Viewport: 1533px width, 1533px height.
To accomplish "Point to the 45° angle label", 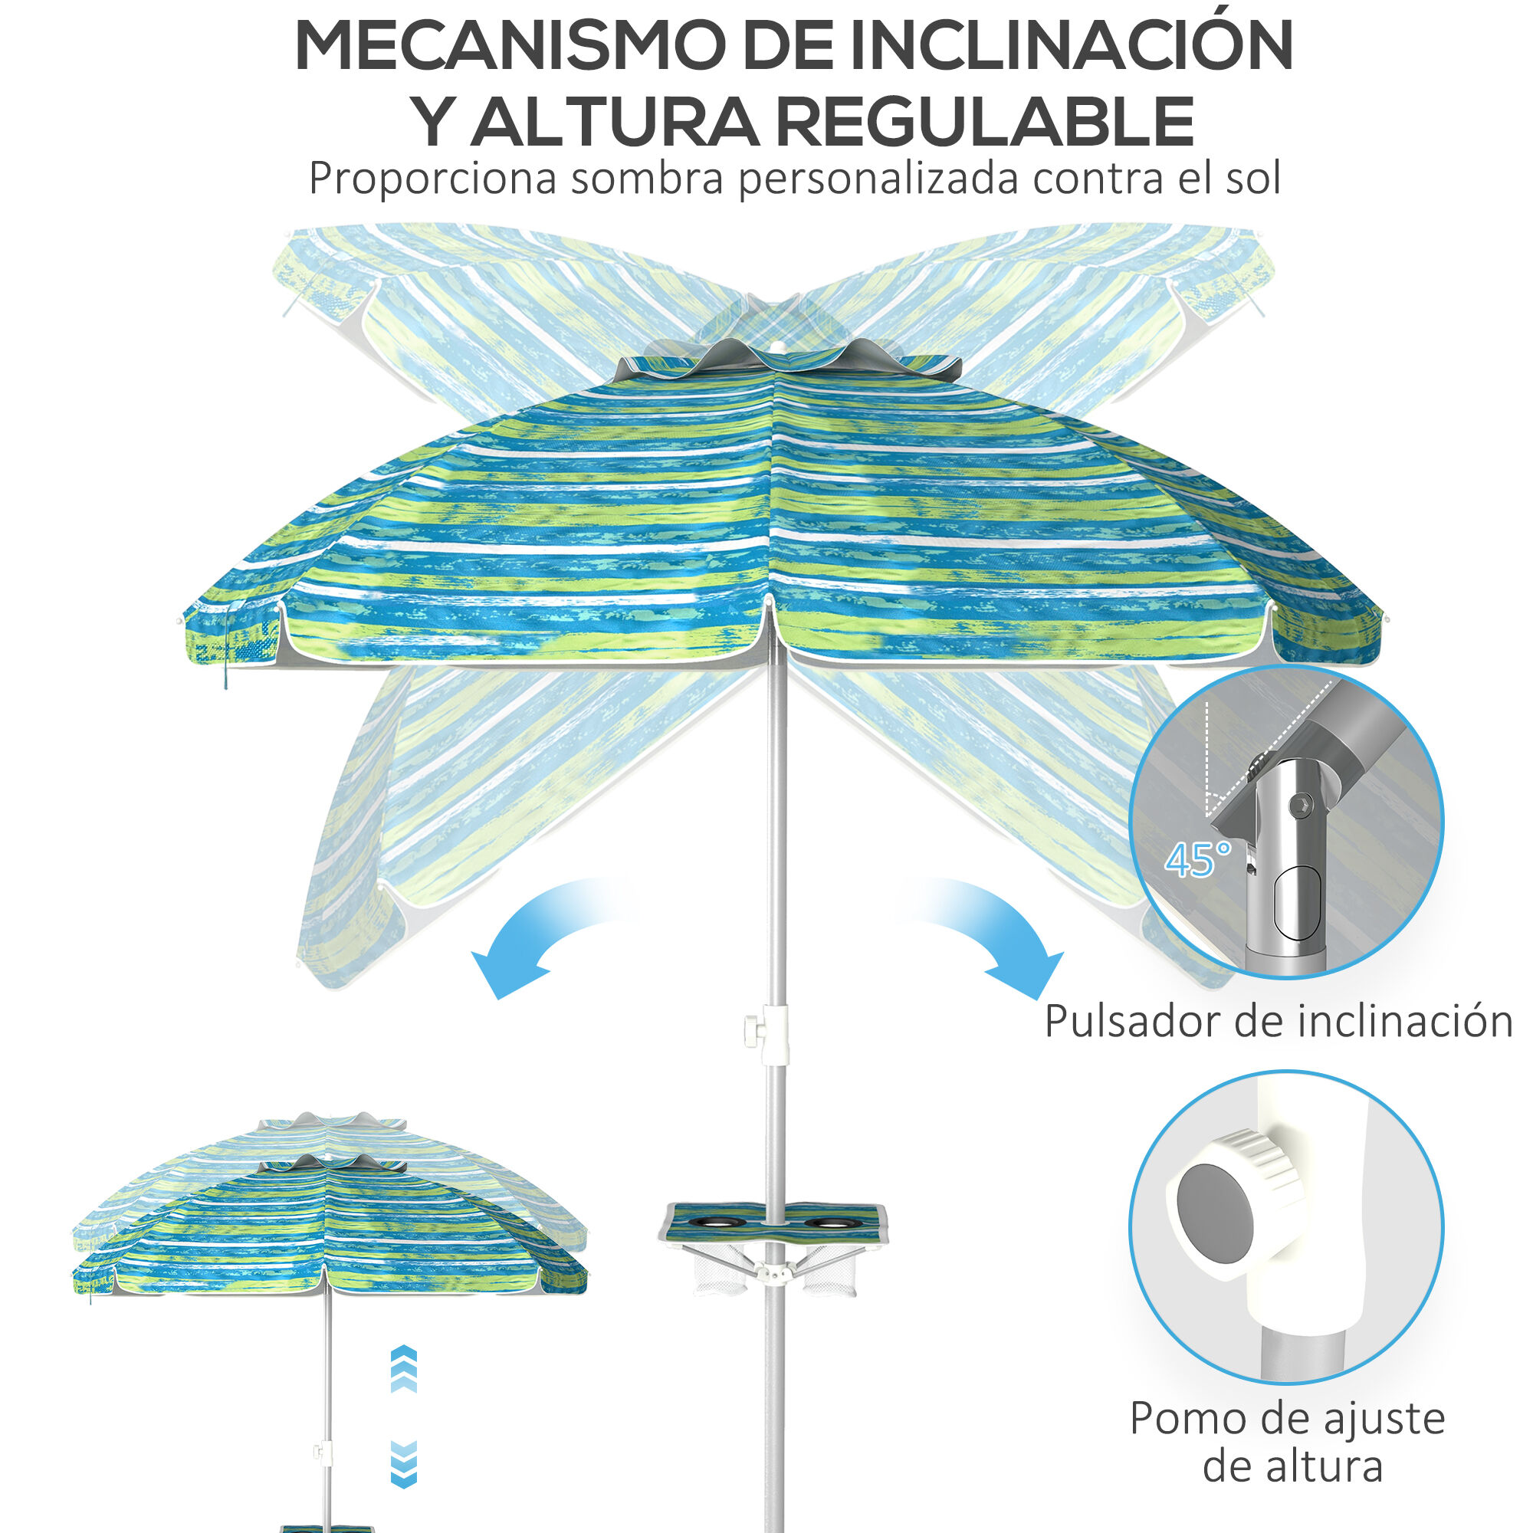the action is click(1198, 858).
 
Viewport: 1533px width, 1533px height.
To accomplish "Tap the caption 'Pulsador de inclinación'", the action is click(1279, 1021).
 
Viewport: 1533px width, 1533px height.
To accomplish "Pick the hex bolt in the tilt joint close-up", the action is click(1300, 806).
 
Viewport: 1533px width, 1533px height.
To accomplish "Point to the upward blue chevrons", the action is click(404, 1371).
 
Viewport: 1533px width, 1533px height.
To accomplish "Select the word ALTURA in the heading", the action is click(615, 121).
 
